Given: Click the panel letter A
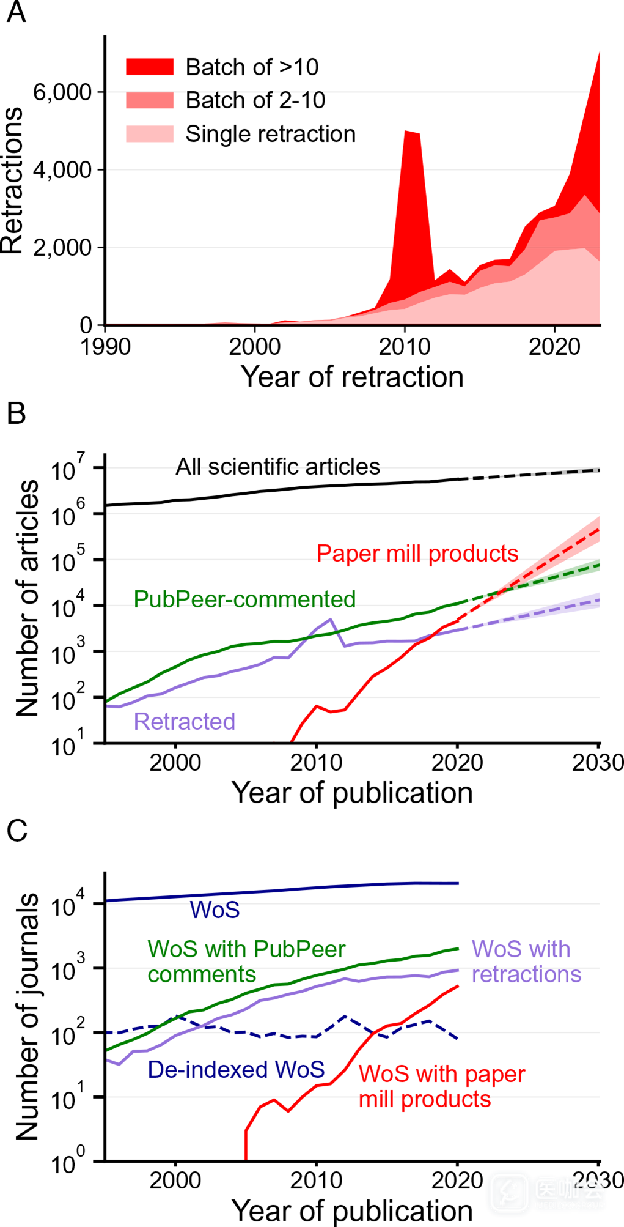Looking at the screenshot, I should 17,12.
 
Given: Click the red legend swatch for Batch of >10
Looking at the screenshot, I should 150,67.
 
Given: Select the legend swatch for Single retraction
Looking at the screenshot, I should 150,133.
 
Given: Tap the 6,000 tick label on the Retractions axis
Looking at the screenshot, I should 62,92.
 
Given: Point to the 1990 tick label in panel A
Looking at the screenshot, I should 105,347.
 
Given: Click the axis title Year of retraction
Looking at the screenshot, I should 351,377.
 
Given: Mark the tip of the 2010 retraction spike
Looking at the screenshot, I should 406,132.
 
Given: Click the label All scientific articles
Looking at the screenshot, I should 277,467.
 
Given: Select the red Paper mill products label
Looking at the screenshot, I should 417,554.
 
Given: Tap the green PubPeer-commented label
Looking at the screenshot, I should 244,599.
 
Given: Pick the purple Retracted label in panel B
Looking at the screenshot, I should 184,722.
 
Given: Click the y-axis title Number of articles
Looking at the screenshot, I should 27,598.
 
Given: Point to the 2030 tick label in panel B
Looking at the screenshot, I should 597,763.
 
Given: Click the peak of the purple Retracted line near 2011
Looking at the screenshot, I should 331,620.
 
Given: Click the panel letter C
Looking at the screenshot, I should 17,831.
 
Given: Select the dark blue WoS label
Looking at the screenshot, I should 215,910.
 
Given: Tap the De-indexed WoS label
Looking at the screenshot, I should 236,1069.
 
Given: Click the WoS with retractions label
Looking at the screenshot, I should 526,962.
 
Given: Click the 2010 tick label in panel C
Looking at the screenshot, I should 316,1181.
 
